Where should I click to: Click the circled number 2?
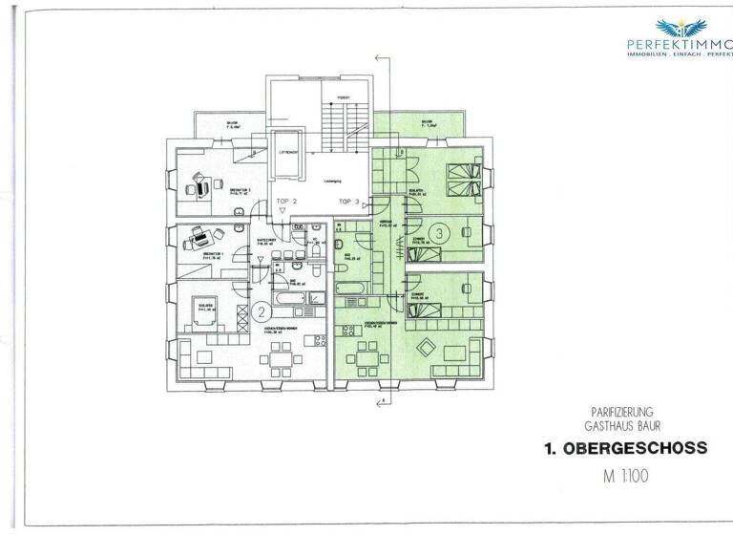(262, 311)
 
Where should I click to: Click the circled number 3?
(439, 232)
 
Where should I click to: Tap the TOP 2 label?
(287, 202)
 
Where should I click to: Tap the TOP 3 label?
(349, 202)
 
